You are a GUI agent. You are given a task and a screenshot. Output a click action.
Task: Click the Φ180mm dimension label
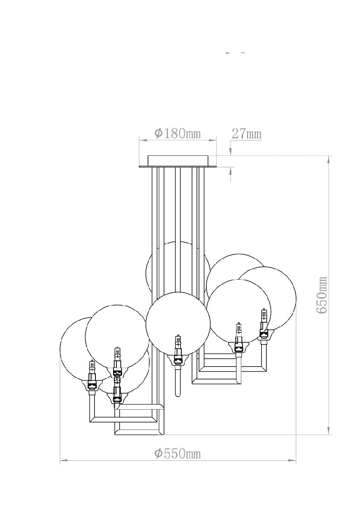[x=177, y=133]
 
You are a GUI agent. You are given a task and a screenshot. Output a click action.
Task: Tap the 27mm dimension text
[x=246, y=133]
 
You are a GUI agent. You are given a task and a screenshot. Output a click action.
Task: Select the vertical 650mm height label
[x=322, y=295]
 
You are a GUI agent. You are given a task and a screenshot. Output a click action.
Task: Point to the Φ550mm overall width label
[x=177, y=454]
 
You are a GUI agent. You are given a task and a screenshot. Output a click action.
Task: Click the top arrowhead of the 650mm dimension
[x=329, y=158]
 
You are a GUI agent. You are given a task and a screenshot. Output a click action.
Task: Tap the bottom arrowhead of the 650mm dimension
[x=329, y=431]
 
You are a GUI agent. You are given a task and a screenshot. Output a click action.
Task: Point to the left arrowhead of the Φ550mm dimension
[x=63, y=461]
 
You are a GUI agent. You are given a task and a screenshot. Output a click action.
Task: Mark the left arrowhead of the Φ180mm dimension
[x=142, y=140]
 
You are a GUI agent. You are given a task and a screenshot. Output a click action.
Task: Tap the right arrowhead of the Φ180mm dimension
[x=213, y=140]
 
